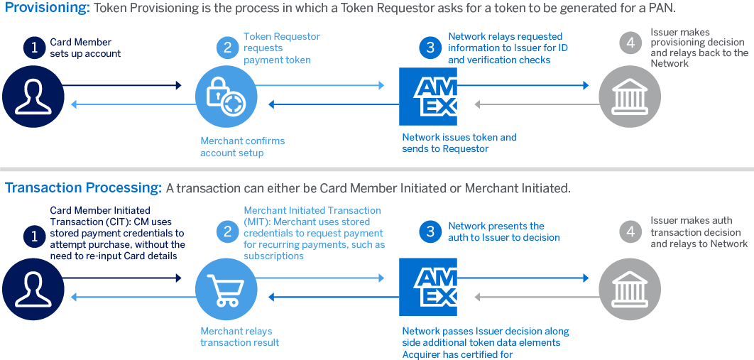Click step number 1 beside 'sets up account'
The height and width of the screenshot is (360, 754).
(x=33, y=48)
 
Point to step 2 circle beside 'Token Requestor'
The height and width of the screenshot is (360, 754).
(x=227, y=48)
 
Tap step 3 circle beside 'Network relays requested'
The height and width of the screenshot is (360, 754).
(x=429, y=48)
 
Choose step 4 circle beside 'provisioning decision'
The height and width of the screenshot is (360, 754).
(x=630, y=44)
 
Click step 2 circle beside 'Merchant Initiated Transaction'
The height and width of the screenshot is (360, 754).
(x=227, y=232)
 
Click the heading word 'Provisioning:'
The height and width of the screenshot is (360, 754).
(x=47, y=9)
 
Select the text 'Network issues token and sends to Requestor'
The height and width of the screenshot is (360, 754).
(x=459, y=143)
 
